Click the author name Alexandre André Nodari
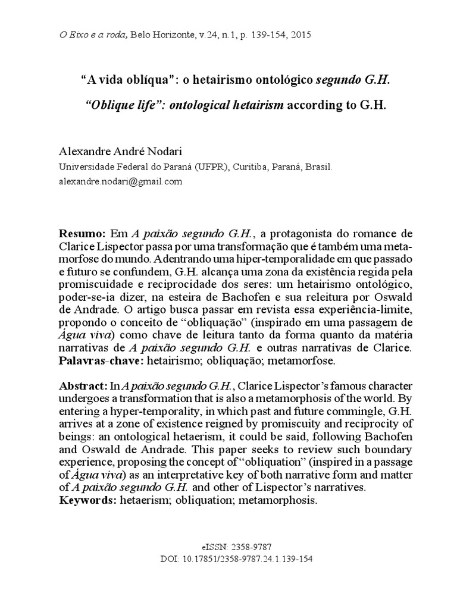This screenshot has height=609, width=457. coord(118,155)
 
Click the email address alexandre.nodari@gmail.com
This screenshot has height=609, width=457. coord(120,182)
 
